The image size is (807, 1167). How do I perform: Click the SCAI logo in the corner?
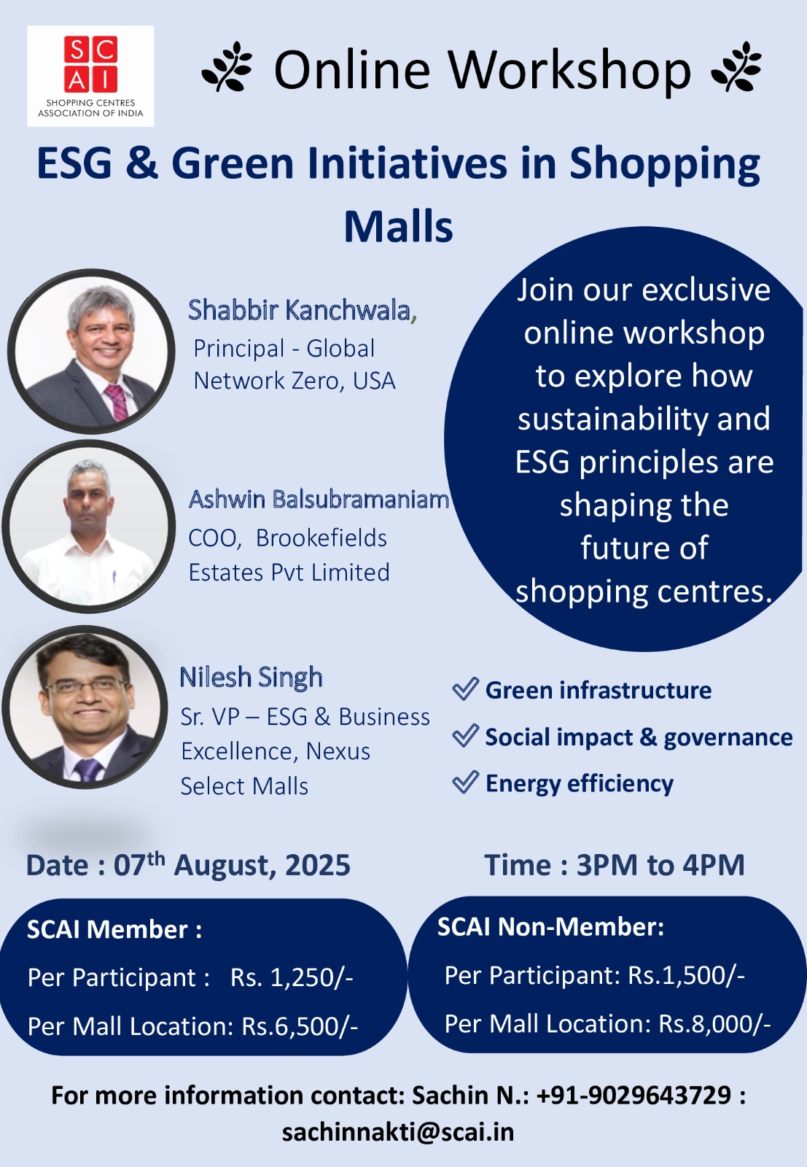pos(90,76)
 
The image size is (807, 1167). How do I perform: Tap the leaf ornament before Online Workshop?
pos(227,66)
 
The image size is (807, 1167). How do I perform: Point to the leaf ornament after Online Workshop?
pos(736,66)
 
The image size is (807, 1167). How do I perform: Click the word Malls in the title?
pos(398,227)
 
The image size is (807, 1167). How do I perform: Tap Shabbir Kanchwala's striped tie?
pos(117,402)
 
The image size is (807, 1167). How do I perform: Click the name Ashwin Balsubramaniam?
pos(319,499)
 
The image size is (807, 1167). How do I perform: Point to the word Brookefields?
pos(321,538)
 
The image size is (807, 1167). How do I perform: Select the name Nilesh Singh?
pos(251,678)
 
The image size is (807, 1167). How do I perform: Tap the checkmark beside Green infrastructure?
pos(465,689)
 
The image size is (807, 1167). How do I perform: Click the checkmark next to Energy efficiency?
pos(465,782)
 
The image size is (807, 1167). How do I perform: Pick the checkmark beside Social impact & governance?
pos(465,736)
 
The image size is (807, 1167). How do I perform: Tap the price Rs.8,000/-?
pos(714,1024)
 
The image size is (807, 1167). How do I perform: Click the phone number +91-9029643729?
pos(633,1095)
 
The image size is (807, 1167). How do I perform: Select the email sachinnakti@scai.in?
pos(398,1132)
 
